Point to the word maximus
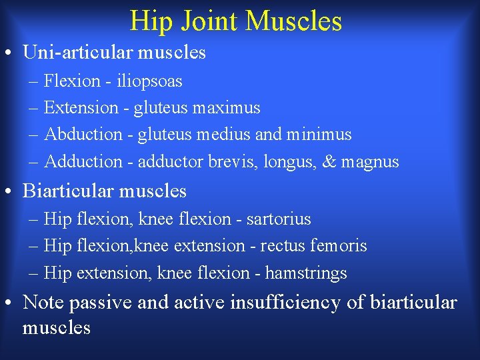tap(227, 107)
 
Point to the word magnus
tap(369, 162)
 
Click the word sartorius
tap(279, 219)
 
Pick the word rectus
tap(283, 246)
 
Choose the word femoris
tap(339, 245)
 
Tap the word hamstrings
tap(306, 273)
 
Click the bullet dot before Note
tap(11, 303)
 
